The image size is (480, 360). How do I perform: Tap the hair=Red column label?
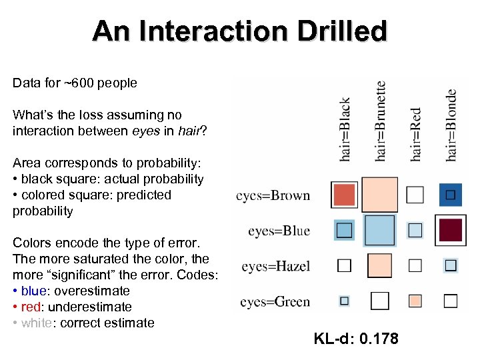pyautogui.click(x=416, y=134)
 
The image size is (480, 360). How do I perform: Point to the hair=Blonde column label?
pyautogui.click(x=451, y=125)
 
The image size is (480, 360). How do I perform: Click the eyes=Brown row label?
pyautogui.click(x=273, y=195)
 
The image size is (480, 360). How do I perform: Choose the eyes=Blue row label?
pyautogui.click(x=279, y=231)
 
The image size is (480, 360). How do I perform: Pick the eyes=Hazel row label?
pyautogui.click(x=276, y=266)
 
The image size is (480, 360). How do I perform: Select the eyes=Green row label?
pyautogui.click(x=275, y=301)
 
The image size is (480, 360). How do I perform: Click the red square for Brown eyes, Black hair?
pyautogui.click(x=345, y=195)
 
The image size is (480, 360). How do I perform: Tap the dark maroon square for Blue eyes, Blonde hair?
pyautogui.click(x=451, y=230)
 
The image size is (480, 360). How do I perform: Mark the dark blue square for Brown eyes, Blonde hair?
pyautogui.click(x=451, y=195)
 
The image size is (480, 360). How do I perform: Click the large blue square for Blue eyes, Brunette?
pyautogui.click(x=380, y=230)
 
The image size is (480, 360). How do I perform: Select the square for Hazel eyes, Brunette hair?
pyautogui.click(x=380, y=265)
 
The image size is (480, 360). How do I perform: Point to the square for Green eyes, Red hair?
pyautogui.click(x=415, y=301)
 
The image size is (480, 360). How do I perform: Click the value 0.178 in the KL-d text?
pyautogui.click(x=379, y=339)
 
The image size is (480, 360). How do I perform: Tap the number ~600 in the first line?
pyautogui.click(x=75, y=83)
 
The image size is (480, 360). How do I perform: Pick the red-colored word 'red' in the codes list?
pyautogui.click(x=30, y=307)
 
